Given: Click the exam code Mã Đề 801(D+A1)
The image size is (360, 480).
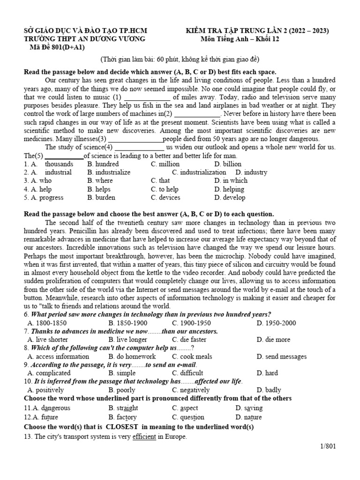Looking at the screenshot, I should point(56,47).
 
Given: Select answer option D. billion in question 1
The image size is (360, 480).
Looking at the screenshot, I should point(228,164).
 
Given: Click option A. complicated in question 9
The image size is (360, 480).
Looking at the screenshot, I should point(49,373).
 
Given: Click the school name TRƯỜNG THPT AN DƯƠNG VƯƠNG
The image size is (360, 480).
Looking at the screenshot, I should point(84,39).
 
